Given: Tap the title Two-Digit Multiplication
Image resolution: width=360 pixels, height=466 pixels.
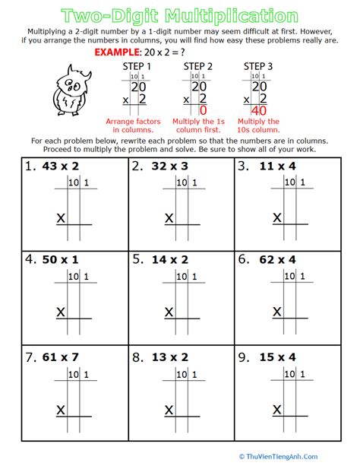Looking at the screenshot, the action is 179,15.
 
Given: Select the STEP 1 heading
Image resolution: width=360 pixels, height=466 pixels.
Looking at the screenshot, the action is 137,67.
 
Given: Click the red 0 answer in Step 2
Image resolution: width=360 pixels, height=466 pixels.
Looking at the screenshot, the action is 203,111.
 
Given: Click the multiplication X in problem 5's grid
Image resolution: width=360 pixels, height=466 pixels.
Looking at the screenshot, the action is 169,312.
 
